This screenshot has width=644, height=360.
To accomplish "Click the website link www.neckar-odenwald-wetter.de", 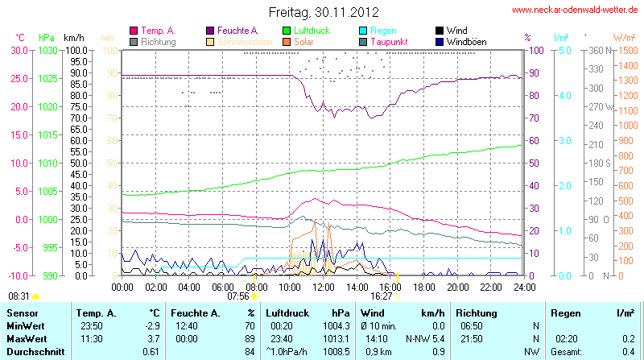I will (x=575, y=10).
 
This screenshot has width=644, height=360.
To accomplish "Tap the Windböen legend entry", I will (x=466, y=41).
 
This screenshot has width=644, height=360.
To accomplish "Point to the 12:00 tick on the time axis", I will (x=323, y=287).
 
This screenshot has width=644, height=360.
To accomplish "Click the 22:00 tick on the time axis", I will (x=490, y=287).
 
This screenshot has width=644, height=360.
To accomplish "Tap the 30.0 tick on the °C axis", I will (x=19, y=50).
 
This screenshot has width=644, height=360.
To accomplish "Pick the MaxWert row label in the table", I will (x=25, y=338).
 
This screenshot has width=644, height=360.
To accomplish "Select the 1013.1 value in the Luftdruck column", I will (x=332, y=338).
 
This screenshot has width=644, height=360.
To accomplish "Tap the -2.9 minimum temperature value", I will (x=153, y=325).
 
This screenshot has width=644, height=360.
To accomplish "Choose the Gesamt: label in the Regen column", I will (x=565, y=352).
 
